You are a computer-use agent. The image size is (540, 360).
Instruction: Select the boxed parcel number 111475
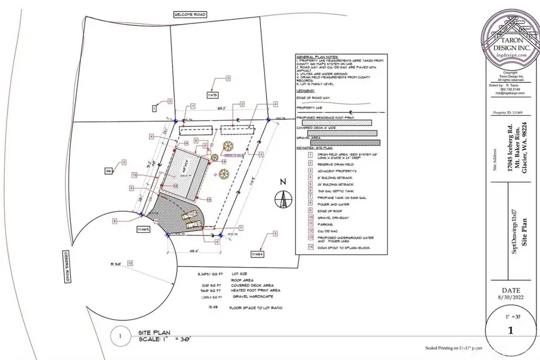click(214, 95)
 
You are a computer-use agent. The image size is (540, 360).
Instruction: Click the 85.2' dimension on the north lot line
click(221, 109)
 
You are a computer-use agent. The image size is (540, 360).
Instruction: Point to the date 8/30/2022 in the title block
click(510, 295)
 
